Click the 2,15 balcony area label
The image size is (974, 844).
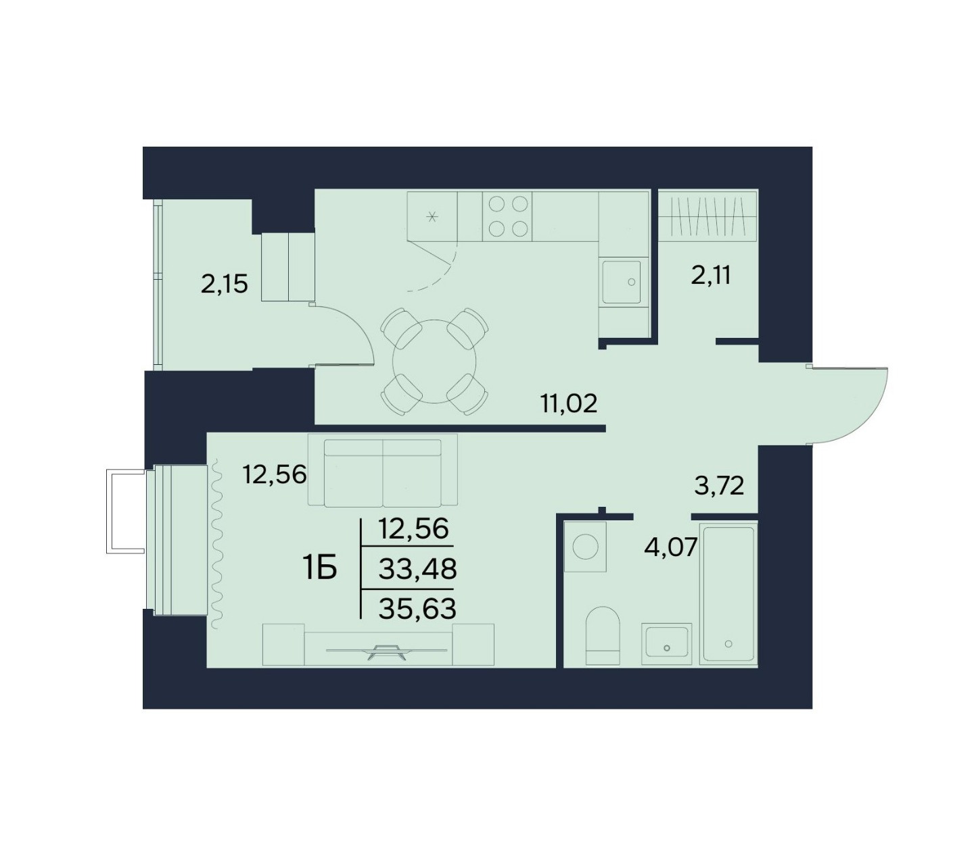pyautogui.click(x=224, y=284)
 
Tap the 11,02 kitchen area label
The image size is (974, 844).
pyautogui.click(x=568, y=403)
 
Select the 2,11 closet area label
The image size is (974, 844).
pyautogui.click(x=710, y=275)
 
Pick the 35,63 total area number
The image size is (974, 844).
pyautogui.click(x=417, y=609)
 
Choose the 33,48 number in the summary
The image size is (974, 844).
pyautogui.click(x=417, y=568)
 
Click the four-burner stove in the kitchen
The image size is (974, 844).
pyautogui.click(x=507, y=216)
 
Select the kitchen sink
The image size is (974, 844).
pyautogui.click(x=623, y=282)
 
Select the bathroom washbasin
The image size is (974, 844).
pyautogui.click(x=666, y=643)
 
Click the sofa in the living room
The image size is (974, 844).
pyautogui.click(x=383, y=470)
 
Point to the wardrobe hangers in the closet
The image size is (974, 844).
pyautogui.click(x=708, y=216)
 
